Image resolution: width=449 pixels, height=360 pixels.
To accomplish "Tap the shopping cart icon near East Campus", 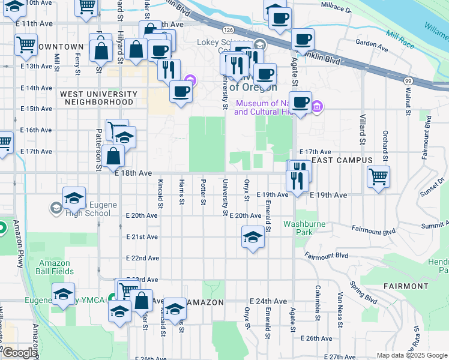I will [x=378, y=177].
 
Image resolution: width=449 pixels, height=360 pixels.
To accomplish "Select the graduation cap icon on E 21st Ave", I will [x=253, y=236].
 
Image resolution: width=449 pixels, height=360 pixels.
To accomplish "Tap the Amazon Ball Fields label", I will [x=55, y=267].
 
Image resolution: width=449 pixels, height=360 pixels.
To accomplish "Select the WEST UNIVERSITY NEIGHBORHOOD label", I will [x=97, y=98].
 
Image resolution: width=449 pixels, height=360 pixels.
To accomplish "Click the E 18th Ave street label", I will [x=133, y=173].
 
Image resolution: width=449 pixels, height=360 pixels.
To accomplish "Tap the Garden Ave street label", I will [x=372, y=44].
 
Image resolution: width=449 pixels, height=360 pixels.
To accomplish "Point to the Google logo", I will [x=19, y=353].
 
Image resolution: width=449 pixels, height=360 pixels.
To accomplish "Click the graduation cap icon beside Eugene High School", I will [x=74, y=197].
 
